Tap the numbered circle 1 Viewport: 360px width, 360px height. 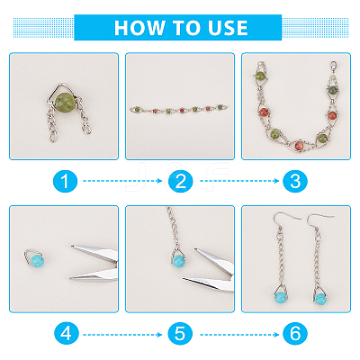tap(65, 181)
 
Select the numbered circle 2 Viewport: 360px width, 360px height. tap(180, 181)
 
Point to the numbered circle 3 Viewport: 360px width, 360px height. tap(295, 181)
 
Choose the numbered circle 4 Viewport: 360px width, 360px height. tap(66, 334)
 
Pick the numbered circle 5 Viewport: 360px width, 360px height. tap(180, 334)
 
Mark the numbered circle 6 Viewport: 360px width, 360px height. tap(295, 334)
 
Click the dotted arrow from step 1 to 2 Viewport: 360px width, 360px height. tap(122, 181)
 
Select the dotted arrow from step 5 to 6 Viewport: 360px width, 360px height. tap(239, 335)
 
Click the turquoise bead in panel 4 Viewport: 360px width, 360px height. tap(37, 260)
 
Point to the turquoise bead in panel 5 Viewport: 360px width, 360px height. tap(179, 260)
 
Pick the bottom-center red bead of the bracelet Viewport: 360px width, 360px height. tap(300, 145)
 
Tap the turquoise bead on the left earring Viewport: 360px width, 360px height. tap(281, 297)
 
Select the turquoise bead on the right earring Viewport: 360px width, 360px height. tap(320, 299)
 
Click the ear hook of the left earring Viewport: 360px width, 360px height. tap(285, 220)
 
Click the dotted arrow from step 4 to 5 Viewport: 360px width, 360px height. tap(122, 335)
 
